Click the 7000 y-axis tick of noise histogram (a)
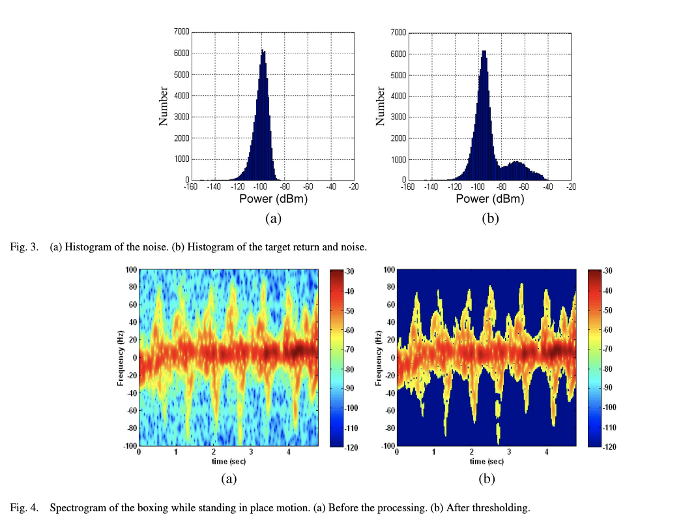pyautogui.click(x=181, y=31)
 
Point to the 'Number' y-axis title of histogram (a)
pyautogui.click(x=164, y=106)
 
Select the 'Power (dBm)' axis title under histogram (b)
pyautogui.click(x=489, y=199)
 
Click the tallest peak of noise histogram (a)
pyautogui.click(x=263, y=51)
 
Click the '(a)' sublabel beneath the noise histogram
pyautogui.click(x=272, y=218)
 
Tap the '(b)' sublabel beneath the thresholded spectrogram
pyautogui.click(x=487, y=479)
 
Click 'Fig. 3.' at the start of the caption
pyautogui.click(x=23, y=247)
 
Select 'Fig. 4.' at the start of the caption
pyautogui.click(x=23, y=507)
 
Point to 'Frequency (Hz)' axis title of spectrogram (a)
pyautogui.click(x=121, y=357)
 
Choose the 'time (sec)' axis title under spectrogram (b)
pyautogui.click(x=486, y=461)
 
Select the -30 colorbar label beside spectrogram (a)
pyautogui.click(x=349, y=271)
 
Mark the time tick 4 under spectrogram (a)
pyautogui.click(x=288, y=452)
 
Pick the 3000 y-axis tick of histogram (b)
pyautogui.click(x=398, y=117)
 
